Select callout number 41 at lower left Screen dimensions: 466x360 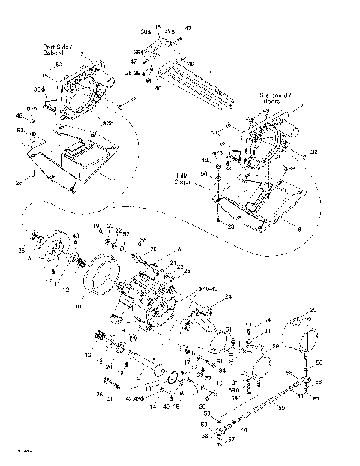(110, 399)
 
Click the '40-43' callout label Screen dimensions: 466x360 (214, 289)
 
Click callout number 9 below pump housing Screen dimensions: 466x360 (134, 332)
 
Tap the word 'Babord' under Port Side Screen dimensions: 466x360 (54, 53)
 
